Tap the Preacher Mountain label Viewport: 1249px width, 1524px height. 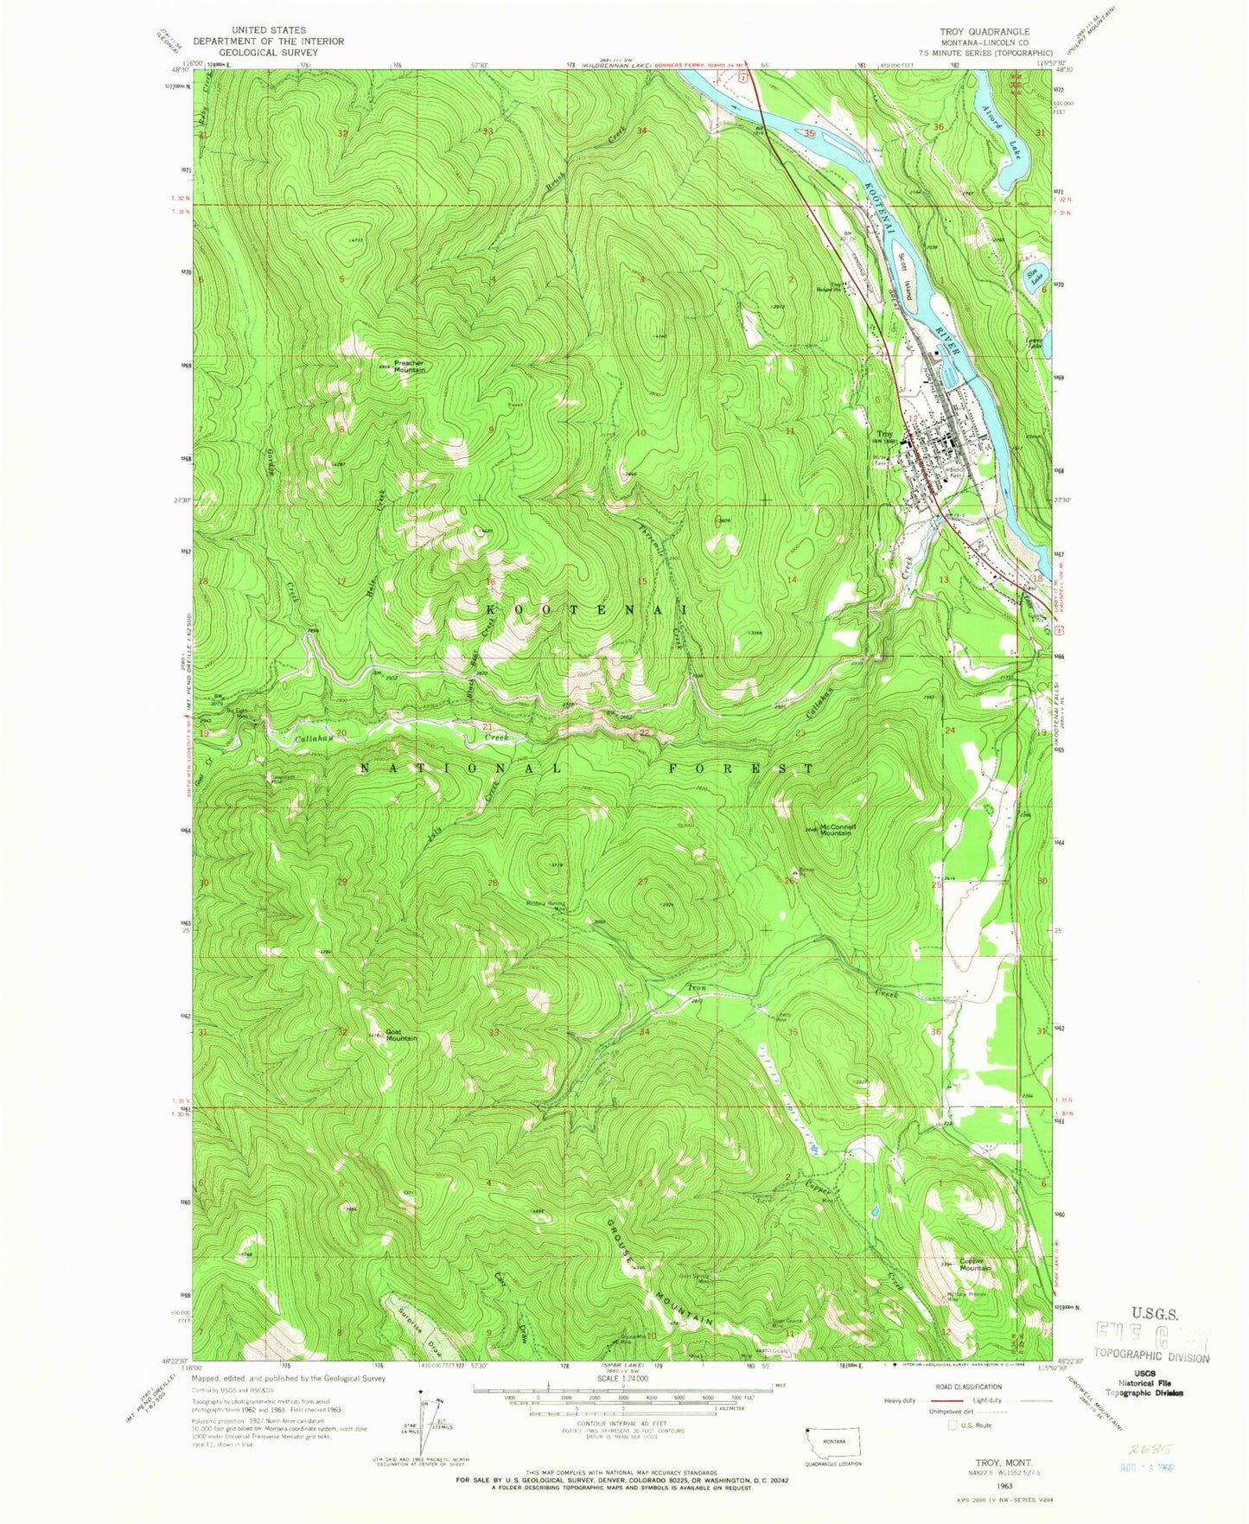408,366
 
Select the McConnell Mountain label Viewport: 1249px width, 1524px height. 837,829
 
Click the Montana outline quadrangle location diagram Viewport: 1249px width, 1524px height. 833,1457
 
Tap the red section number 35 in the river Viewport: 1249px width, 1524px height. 809,135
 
